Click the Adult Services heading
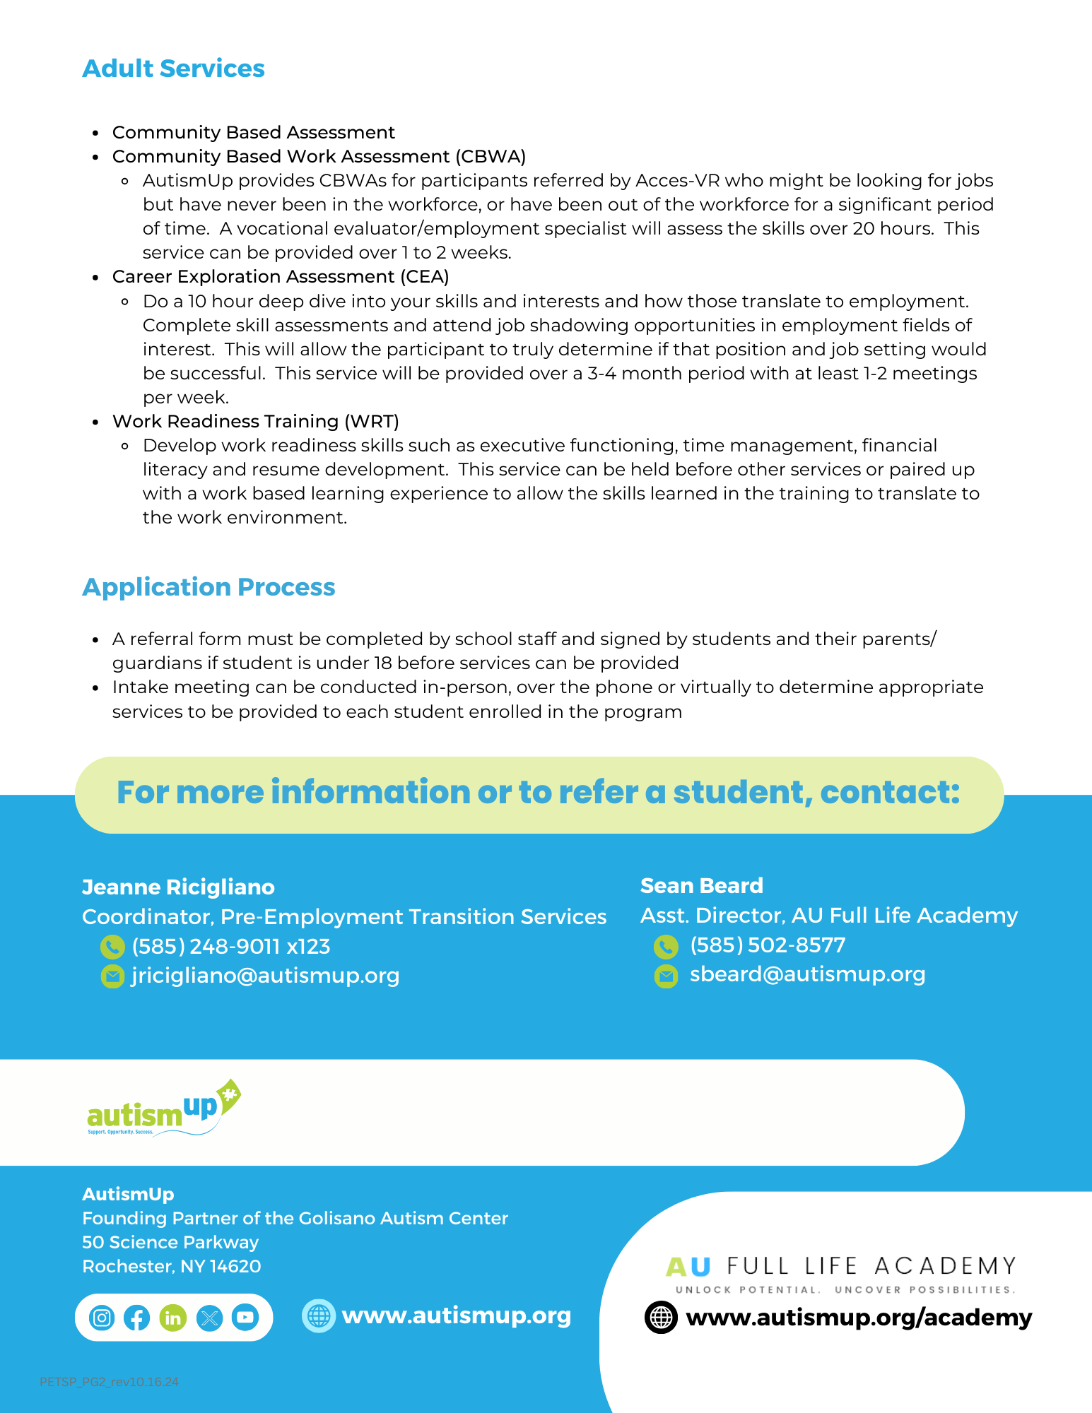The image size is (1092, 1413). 173,69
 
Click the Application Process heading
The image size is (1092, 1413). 209,587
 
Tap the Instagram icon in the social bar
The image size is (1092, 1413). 102,1318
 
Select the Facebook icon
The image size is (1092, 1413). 137,1318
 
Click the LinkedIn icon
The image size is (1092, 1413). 172,1318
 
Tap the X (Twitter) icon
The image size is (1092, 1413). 209,1318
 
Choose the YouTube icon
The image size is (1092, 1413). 245,1318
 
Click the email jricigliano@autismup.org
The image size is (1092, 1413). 265,976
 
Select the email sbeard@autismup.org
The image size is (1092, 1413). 807,974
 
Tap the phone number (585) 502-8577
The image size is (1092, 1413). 768,945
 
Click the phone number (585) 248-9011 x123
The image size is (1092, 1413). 231,947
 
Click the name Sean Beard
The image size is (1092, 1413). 701,886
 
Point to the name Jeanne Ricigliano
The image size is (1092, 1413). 178,887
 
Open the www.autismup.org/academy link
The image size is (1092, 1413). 859,1318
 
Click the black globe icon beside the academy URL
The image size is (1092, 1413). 662,1318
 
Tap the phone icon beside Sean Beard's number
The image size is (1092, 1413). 666,946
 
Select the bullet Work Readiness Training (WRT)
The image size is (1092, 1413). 255,422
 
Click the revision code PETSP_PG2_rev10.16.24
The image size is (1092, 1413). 109,1382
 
